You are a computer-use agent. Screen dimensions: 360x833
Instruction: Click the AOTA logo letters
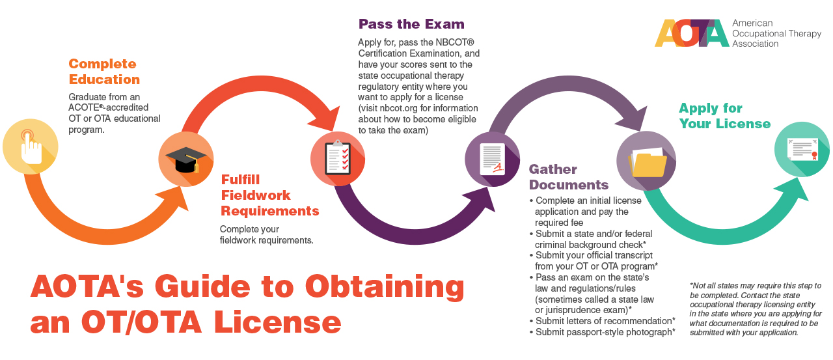pos(691,33)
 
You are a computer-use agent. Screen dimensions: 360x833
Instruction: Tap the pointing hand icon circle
pos(30,146)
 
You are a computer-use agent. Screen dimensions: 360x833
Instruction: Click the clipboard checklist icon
pos(337,159)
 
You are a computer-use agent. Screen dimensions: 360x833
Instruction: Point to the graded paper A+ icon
pos(492,159)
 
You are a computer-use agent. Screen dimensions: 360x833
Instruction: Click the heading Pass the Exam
pos(411,25)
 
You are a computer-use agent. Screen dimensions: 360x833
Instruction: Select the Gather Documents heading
pos(568,176)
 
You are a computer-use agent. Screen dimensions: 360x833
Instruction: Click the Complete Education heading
pos(104,72)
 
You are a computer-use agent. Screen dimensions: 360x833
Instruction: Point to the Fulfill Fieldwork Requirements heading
pos(269,195)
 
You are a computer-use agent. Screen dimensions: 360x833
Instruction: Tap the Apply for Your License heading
pos(724,116)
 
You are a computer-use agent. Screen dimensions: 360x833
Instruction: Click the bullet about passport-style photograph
pos(605,332)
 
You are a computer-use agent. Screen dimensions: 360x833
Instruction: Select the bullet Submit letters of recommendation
pos(605,321)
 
